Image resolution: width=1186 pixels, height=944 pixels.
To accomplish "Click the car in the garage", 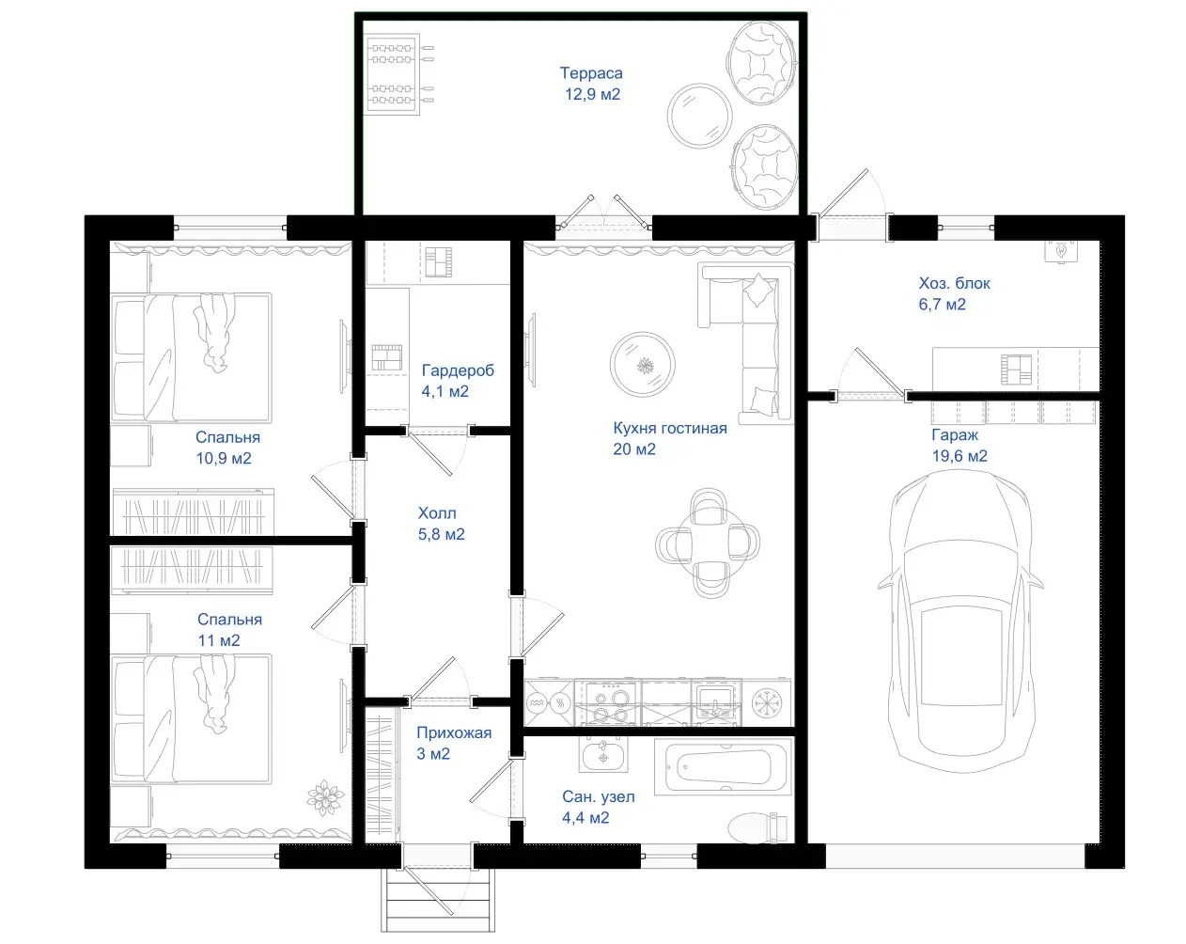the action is [960, 621].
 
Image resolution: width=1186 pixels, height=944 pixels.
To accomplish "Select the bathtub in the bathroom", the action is [723, 767].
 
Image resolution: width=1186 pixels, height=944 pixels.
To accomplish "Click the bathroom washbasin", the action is [603, 753].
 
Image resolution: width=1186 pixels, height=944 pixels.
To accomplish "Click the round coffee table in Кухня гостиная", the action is [643, 365].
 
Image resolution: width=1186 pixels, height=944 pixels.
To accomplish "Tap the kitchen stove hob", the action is [608, 703].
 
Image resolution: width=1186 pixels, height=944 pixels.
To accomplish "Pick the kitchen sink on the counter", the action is [715, 702].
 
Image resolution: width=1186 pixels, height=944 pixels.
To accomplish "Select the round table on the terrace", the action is [699, 117].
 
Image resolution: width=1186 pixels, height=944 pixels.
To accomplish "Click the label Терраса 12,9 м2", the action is [592, 84].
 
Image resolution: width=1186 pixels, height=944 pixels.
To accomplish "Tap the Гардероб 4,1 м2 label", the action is [458, 381].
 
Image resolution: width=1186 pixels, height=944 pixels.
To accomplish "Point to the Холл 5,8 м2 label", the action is [441, 524].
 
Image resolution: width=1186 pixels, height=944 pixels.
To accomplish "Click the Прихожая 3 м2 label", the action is [454, 743].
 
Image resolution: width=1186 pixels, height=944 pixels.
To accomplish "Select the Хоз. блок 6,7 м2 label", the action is [954, 293].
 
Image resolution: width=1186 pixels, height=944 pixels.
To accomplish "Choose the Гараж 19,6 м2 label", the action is [959, 445].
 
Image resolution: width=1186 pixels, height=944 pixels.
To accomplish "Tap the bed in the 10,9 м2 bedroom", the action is [191, 358].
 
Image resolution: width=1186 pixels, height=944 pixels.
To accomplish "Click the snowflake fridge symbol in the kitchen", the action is [767, 703].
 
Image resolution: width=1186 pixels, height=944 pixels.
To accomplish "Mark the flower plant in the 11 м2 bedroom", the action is [325, 796].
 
